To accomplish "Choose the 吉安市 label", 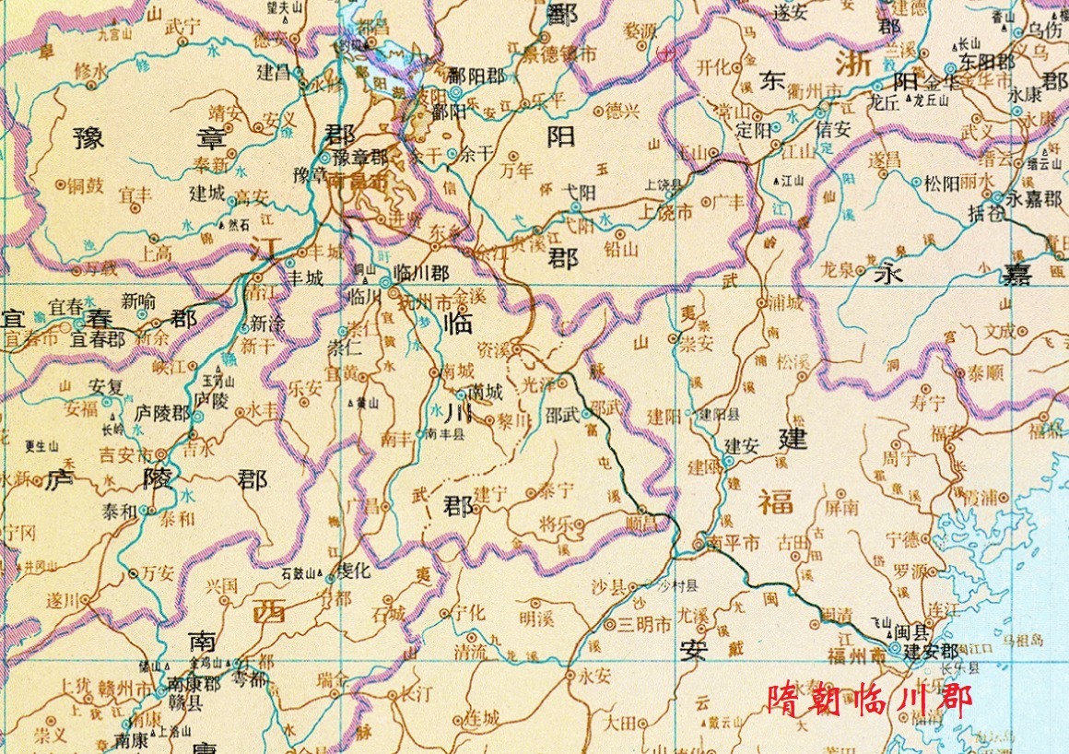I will click(x=127, y=454).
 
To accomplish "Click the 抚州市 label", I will click(x=432, y=300).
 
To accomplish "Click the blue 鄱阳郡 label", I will click(x=484, y=76).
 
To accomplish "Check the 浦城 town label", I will click(x=786, y=302).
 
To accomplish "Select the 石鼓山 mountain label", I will click(x=299, y=574).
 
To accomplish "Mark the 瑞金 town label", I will click(x=333, y=680).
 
